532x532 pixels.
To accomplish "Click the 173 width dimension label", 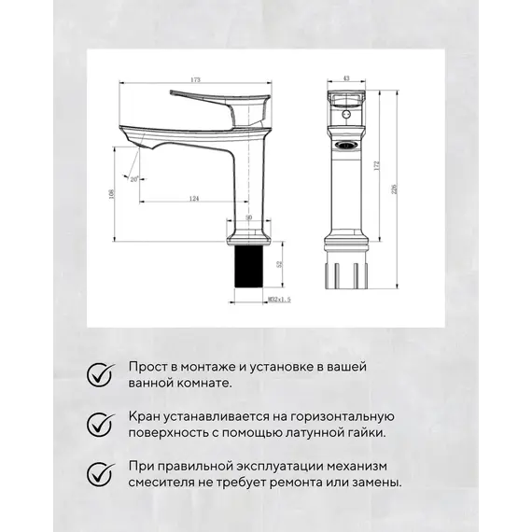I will point(195,79).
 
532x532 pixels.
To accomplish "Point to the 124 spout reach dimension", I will point(193,198).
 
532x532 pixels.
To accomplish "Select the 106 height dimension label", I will point(112,193).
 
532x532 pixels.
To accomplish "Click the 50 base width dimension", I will point(248,217).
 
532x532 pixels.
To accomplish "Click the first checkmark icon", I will point(98,374).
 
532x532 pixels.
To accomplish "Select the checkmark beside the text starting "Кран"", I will point(98,424).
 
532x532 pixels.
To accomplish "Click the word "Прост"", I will point(148,367).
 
